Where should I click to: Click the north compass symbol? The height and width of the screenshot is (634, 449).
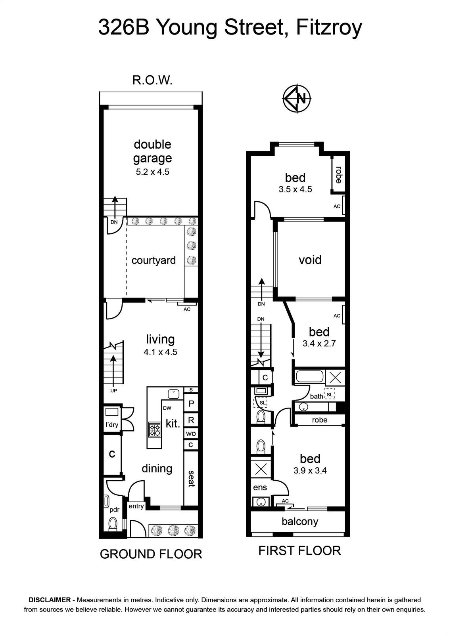pos(297,99)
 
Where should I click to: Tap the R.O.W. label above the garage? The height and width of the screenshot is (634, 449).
pos(152,81)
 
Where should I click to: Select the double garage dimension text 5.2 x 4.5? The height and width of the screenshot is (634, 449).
pos(152,172)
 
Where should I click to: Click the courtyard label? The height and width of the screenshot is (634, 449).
pos(154,260)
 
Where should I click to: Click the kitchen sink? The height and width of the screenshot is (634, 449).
pos(173,394)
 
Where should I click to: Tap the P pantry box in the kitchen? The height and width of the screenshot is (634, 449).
pos(191,404)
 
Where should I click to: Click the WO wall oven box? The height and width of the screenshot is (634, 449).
pos(191,433)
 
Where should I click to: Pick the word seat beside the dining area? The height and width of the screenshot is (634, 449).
pos(191,479)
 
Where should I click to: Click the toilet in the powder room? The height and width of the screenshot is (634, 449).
pos(113,523)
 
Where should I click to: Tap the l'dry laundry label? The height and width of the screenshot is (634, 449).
pos(111,424)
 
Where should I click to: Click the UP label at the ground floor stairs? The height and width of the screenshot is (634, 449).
pos(113,391)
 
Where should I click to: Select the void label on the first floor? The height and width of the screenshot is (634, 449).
pos(310,260)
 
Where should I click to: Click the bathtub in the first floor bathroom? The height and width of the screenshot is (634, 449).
pos(310,377)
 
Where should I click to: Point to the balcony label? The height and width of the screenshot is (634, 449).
pos(300,521)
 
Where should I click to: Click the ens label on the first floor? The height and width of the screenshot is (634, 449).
pos(260,487)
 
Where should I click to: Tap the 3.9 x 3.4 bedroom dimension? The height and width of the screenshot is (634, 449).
pos(310,470)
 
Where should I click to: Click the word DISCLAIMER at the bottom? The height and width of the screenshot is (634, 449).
pos(50,600)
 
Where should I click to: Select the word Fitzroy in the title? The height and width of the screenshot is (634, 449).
pos(329,28)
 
